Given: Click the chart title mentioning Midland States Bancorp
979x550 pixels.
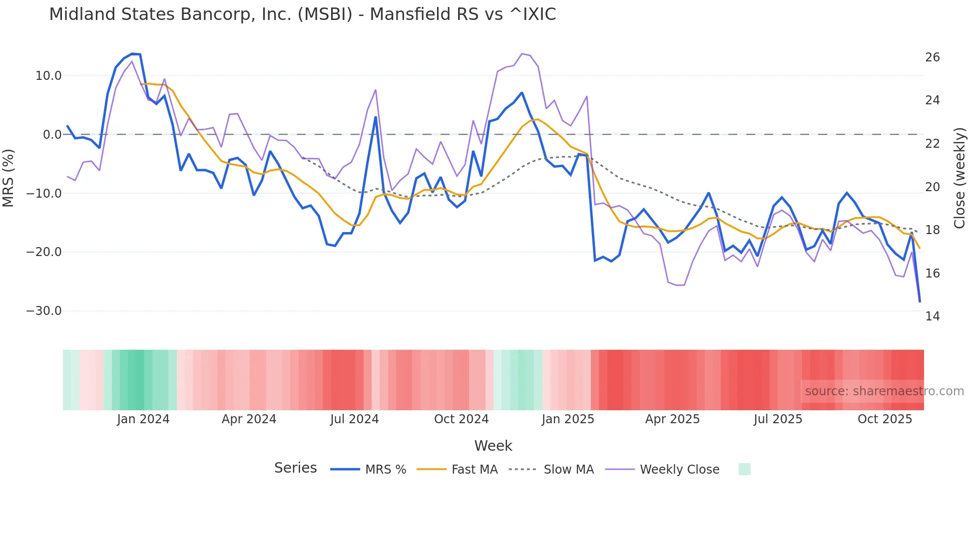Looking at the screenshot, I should [x=302, y=14].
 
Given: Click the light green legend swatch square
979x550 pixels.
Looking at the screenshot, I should [x=744, y=469].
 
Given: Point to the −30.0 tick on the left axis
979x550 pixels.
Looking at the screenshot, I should [x=44, y=311].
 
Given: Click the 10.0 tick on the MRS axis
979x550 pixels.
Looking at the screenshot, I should [x=48, y=76].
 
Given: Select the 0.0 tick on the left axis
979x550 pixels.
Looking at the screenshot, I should [x=52, y=135].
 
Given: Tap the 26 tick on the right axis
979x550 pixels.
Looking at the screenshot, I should [x=932, y=57].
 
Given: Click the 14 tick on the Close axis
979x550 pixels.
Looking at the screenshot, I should [x=932, y=316].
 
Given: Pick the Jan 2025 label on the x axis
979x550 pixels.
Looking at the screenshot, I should [x=568, y=419].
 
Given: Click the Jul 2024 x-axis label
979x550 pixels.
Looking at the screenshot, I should [x=354, y=419].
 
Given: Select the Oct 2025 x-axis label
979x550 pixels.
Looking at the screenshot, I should [x=885, y=419].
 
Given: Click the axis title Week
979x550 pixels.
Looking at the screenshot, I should [x=493, y=446].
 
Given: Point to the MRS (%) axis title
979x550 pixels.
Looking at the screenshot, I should [x=8, y=178].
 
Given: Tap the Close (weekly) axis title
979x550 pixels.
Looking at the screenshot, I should [x=960, y=178].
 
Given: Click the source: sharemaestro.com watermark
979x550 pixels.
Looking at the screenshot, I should [x=884, y=391].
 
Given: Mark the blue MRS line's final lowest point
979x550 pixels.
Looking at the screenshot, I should [x=920, y=301].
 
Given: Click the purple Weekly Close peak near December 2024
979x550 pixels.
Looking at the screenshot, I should [x=522, y=54].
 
